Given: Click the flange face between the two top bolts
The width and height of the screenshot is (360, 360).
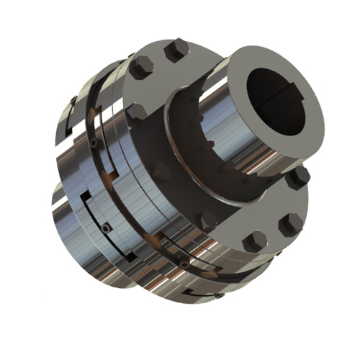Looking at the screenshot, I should pos(155,58).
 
